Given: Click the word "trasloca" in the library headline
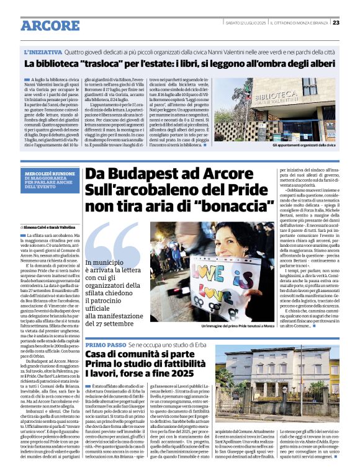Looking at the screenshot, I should (x=99, y=64).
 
